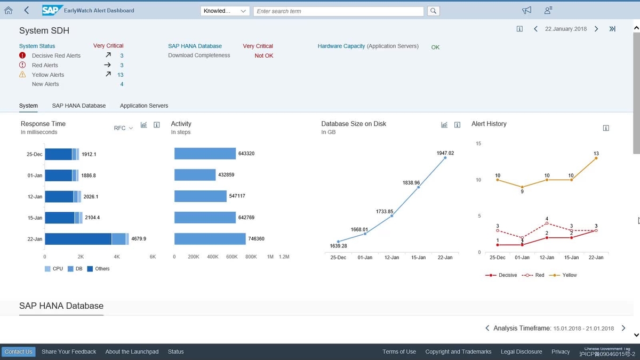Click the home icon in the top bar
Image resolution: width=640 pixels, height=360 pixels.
pyautogui.click(x=9, y=10)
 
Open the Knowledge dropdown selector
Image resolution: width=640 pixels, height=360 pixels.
pyautogui.click(x=225, y=11)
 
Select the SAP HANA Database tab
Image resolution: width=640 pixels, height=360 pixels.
pyautogui.click(x=78, y=106)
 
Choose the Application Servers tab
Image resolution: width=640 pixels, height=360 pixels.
pyautogui.click(x=144, y=106)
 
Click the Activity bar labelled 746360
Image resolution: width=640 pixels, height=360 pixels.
pyautogui.click(x=210, y=239)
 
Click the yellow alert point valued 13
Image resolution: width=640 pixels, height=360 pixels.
pyautogui.click(x=596, y=158)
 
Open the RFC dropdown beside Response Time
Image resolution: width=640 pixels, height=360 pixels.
pyautogui.click(x=123, y=128)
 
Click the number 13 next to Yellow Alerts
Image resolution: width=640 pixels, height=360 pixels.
pyautogui.click(x=121, y=75)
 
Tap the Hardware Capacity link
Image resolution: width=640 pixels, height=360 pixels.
pyautogui.click(x=341, y=46)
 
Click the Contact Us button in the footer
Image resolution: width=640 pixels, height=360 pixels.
pyautogui.click(x=18, y=351)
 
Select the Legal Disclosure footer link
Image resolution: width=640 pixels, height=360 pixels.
pyautogui.click(x=521, y=351)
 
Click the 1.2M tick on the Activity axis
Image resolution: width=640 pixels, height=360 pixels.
pyautogui.click(x=284, y=257)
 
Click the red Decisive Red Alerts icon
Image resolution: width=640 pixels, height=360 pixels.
pyautogui.click(x=22, y=55)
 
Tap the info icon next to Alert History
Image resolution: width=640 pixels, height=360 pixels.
pyautogui.click(x=606, y=128)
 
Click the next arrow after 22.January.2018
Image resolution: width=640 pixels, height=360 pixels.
pyautogui.click(x=596, y=29)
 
